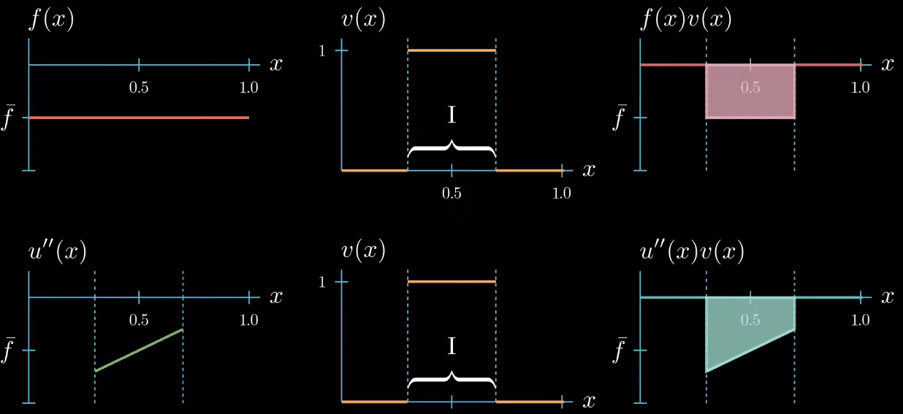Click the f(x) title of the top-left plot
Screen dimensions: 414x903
point(52,20)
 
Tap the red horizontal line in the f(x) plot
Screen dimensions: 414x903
point(139,118)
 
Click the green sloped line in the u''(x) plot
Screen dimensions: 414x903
point(139,350)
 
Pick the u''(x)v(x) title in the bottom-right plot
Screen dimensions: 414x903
point(691,252)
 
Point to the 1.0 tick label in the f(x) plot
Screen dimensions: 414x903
point(249,88)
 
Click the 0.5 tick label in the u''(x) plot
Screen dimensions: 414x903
point(139,320)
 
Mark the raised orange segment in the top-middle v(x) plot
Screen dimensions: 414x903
point(451,50)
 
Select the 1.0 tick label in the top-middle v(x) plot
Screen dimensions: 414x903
point(561,193)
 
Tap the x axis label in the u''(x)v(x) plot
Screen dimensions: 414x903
point(887,296)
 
